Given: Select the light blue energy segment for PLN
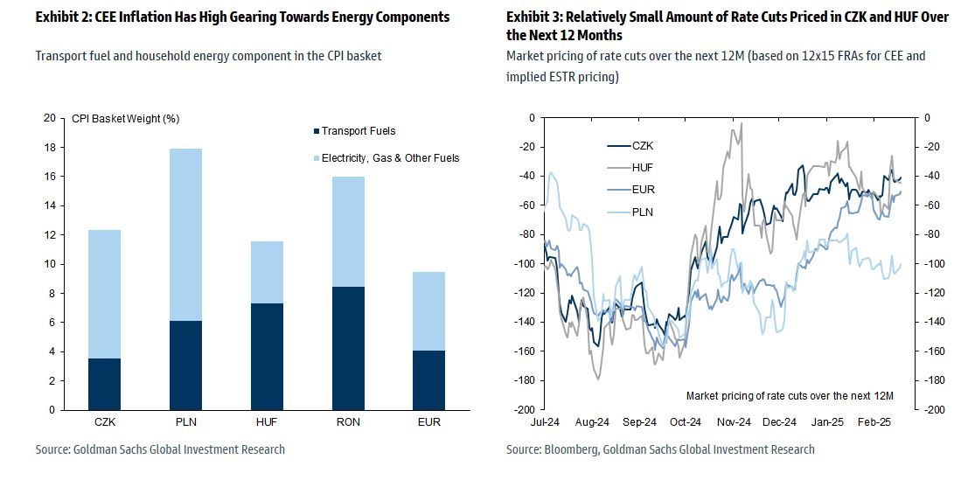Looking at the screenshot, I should click(185, 234).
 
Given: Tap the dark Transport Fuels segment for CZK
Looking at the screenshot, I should click(104, 384).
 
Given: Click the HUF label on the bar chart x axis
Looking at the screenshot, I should click(266, 422).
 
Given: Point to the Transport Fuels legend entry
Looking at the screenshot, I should click(359, 131).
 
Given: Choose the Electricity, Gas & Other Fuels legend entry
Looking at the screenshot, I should click(390, 158).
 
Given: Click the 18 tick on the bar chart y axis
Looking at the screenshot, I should click(49, 148).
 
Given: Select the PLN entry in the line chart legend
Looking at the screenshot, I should click(643, 212).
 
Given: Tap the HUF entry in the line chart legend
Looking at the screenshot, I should click(643, 167).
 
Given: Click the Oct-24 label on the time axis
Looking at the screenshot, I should click(686, 422).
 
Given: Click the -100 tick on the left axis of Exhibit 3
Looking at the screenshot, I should click(524, 263).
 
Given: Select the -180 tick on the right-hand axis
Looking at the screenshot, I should click(934, 380).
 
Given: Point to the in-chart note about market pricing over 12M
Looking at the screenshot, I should click(790, 396).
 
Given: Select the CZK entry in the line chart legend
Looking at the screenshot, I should click(643, 145).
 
